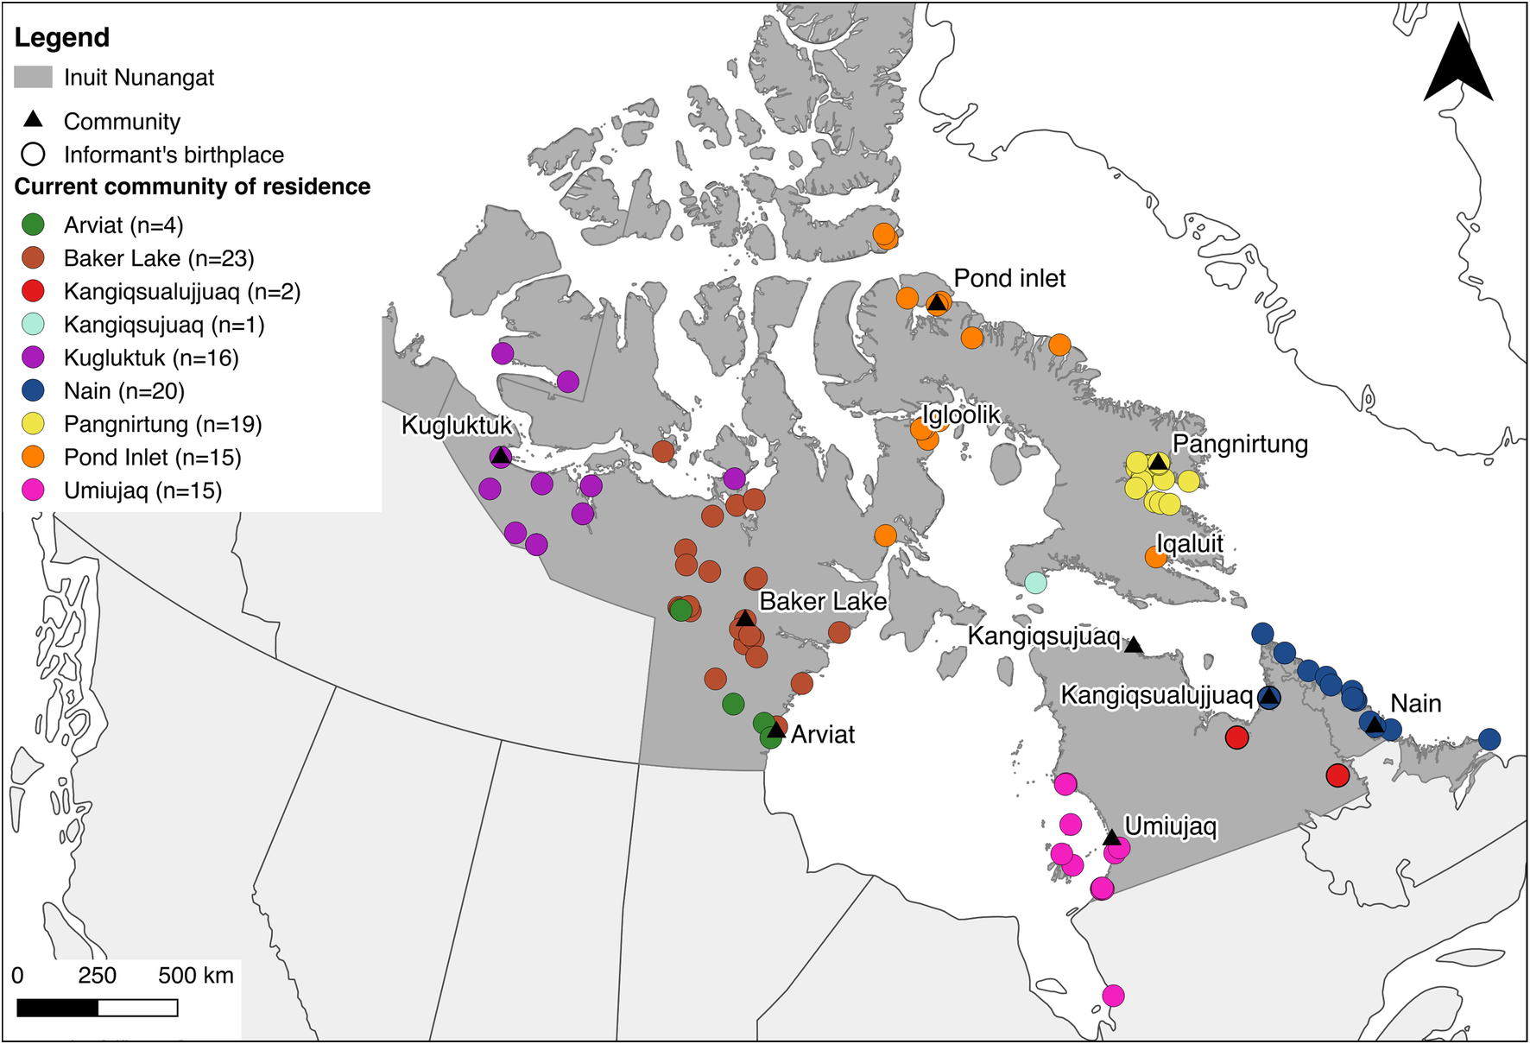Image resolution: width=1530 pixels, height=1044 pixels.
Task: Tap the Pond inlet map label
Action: pyautogui.click(x=1009, y=278)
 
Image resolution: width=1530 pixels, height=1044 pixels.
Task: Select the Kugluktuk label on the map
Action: pyautogui.click(x=457, y=426)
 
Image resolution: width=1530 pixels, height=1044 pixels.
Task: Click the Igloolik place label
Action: pyautogui.click(x=961, y=415)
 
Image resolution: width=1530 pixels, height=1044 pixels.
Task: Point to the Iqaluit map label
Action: pyautogui.click(x=1190, y=544)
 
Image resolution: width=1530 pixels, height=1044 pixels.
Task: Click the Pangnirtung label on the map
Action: pyautogui.click(x=1240, y=444)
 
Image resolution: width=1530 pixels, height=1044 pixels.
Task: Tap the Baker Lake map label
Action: pyautogui.click(x=822, y=601)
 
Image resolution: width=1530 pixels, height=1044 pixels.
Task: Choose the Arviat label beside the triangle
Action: pyautogui.click(x=822, y=735)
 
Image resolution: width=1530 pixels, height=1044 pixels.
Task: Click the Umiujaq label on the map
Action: pyautogui.click(x=1170, y=826)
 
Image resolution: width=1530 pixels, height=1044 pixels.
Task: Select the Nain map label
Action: pyautogui.click(x=1415, y=704)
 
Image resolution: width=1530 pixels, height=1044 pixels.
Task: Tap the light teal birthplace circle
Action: pyautogui.click(x=1035, y=583)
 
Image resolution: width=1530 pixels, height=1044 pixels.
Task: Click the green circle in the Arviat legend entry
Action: pyautogui.click(x=33, y=225)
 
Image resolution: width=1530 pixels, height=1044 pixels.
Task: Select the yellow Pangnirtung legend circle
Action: pyautogui.click(x=33, y=424)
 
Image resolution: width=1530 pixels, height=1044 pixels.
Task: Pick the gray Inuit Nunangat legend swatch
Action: pyautogui.click(x=33, y=78)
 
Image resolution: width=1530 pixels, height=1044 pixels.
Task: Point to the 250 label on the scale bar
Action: pyautogui.click(x=97, y=976)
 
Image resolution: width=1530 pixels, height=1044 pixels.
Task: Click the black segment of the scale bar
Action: pyautogui.click(x=57, y=1008)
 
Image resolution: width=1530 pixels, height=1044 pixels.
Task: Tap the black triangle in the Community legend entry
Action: pyautogui.click(x=33, y=119)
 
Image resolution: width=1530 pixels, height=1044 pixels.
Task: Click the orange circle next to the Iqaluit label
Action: pyautogui.click(x=1155, y=558)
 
